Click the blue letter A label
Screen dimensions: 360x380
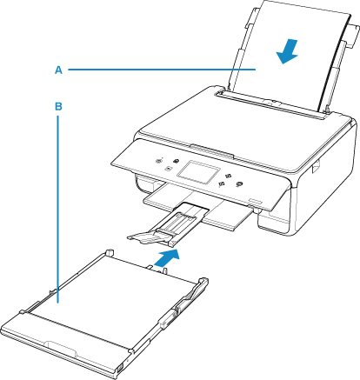(x=58, y=70)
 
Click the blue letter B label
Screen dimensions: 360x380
(x=58, y=106)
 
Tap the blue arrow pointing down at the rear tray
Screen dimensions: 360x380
(x=287, y=51)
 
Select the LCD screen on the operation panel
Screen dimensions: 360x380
(x=198, y=173)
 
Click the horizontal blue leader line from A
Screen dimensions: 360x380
(x=162, y=70)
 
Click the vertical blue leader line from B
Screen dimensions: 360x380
(x=58, y=210)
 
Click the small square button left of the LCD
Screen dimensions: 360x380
(x=168, y=168)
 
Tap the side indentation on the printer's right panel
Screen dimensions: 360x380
(x=316, y=167)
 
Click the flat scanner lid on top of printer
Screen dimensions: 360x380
(x=246, y=137)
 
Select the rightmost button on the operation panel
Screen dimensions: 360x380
(x=239, y=184)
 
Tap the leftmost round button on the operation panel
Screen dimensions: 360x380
(x=159, y=161)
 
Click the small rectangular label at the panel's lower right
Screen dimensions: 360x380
(x=255, y=201)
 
